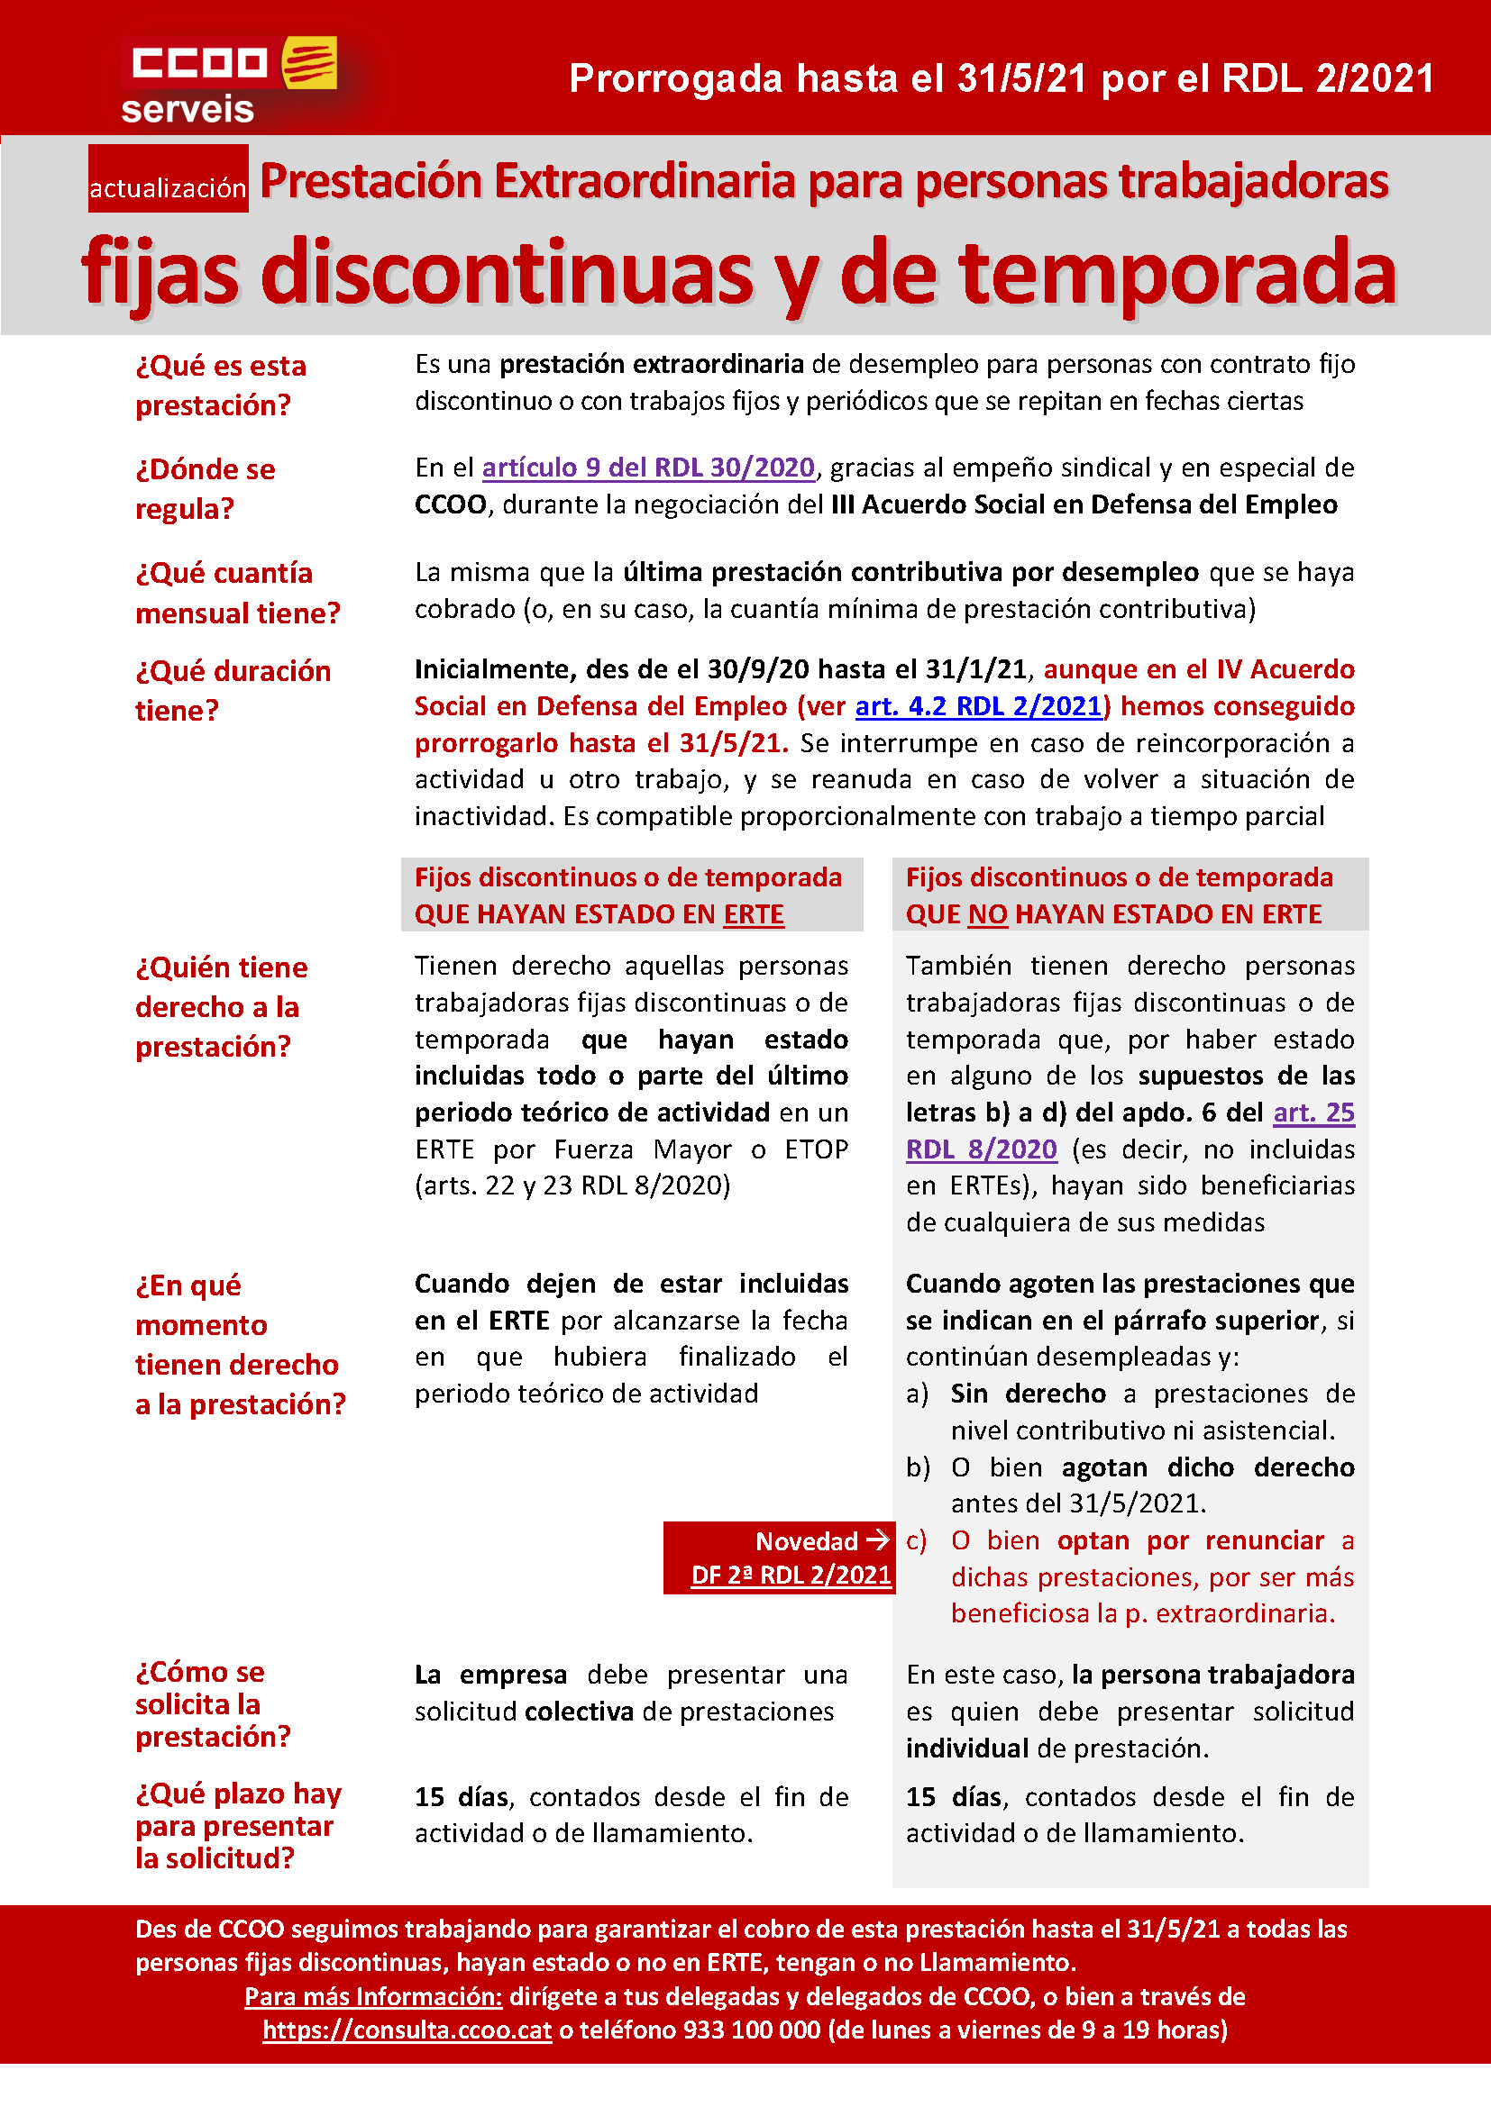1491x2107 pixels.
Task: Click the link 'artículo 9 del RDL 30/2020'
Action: tap(648, 468)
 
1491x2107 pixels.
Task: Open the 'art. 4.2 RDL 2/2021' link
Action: tap(978, 705)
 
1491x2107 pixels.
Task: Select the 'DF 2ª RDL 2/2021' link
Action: tap(791, 1575)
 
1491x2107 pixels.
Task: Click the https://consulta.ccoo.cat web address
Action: tap(407, 2029)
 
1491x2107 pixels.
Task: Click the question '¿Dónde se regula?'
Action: tap(205, 488)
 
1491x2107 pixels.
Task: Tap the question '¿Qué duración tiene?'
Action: tap(233, 690)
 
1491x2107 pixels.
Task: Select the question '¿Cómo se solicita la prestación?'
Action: tap(213, 1703)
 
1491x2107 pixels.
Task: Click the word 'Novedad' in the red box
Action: tap(806, 1540)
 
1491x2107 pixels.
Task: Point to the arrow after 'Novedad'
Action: tap(878, 1539)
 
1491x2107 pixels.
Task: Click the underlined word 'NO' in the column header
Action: tap(987, 914)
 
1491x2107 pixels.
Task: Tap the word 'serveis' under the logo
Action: tap(188, 109)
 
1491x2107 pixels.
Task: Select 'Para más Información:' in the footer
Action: tap(373, 1996)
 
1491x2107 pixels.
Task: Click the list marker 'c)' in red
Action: tap(916, 1539)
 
